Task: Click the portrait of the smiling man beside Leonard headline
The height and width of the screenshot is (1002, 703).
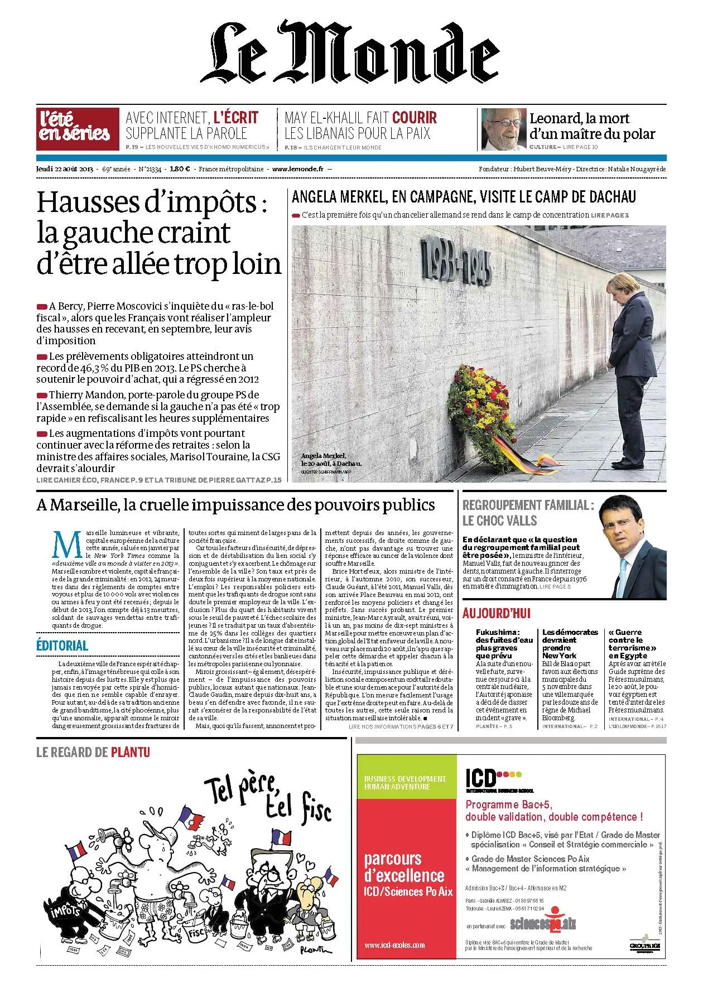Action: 503,129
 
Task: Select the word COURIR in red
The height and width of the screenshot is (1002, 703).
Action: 415,118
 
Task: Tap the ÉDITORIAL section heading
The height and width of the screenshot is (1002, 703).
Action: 62,645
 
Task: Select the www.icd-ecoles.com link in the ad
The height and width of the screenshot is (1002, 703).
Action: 394,945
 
